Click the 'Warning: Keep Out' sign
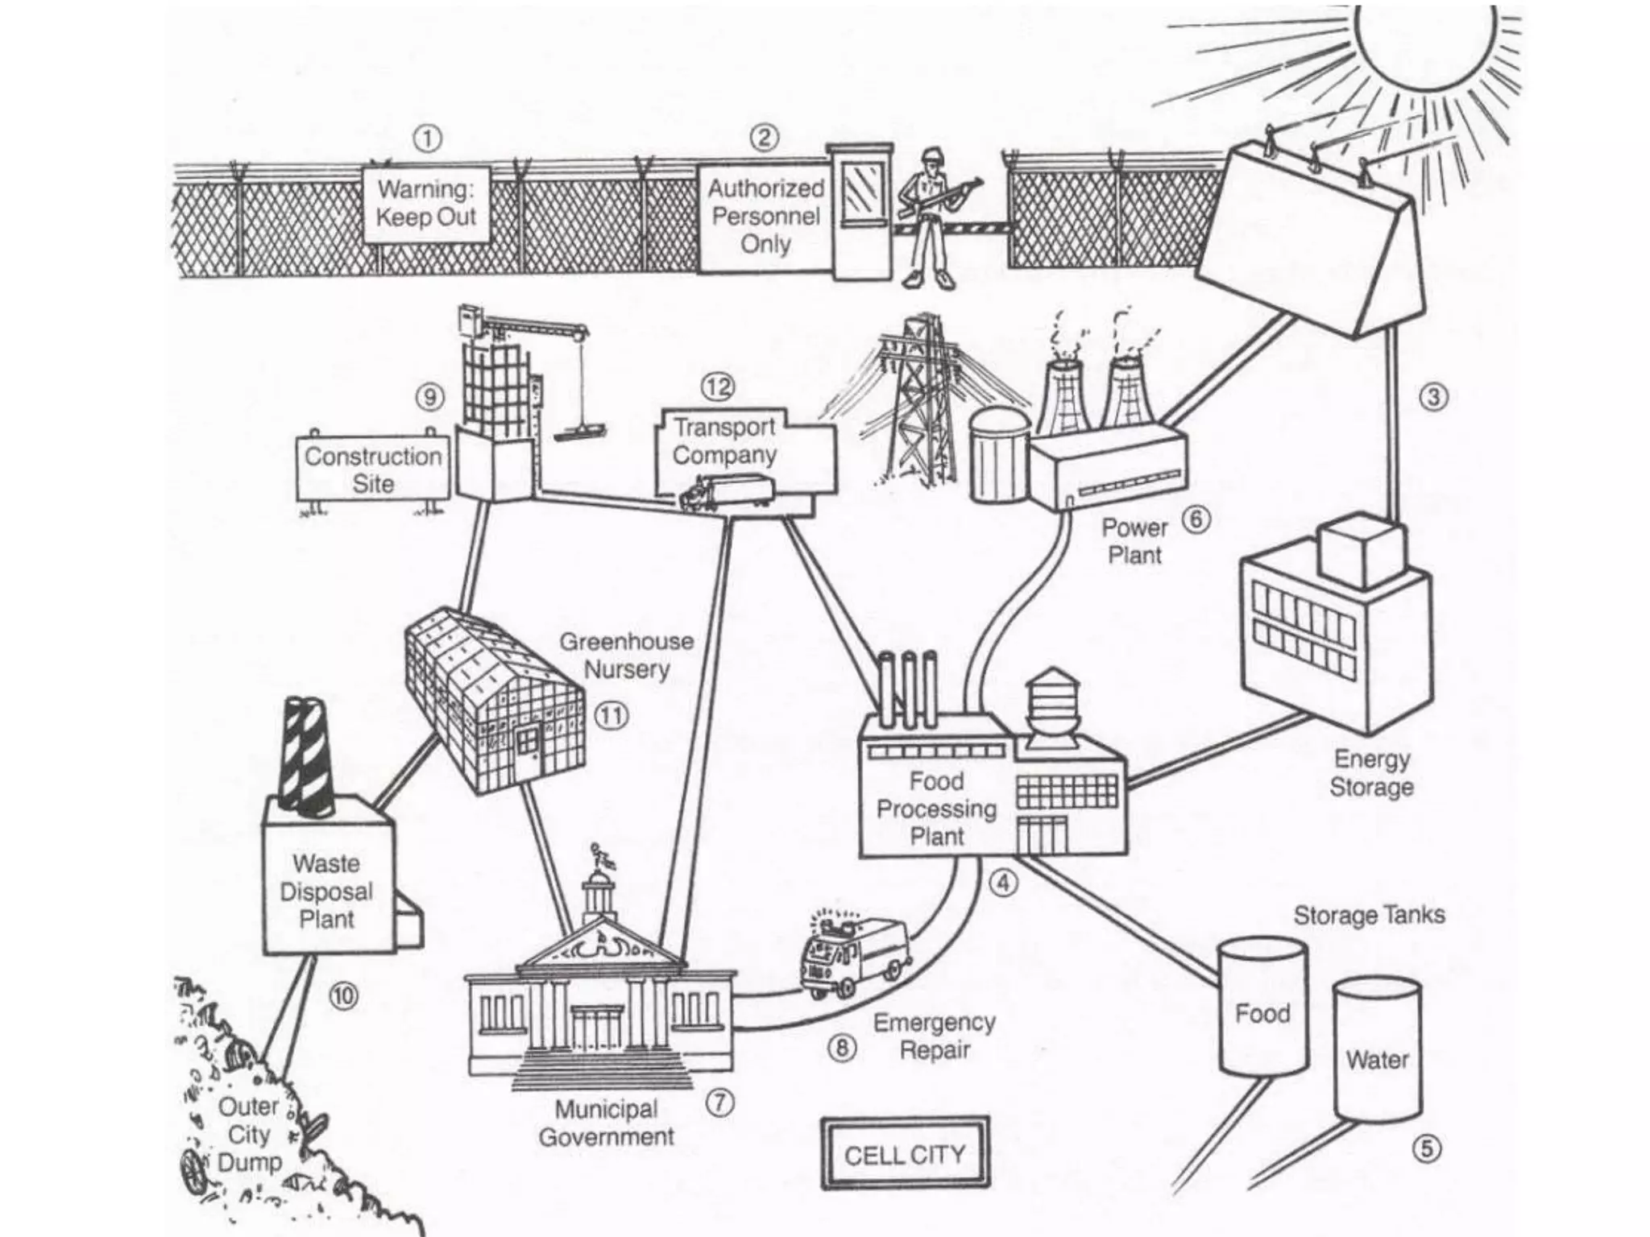[x=426, y=204]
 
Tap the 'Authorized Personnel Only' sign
[x=764, y=216]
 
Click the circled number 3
[x=1433, y=397]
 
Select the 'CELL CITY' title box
[x=905, y=1154]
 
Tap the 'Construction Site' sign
[x=373, y=470]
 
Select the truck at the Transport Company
[x=726, y=492]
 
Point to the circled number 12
[x=718, y=387]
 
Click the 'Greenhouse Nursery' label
[x=626, y=655]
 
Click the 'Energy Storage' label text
[x=1371, y=772]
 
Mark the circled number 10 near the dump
[x=343, y=997]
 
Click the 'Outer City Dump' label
[x=249, y=1134]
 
